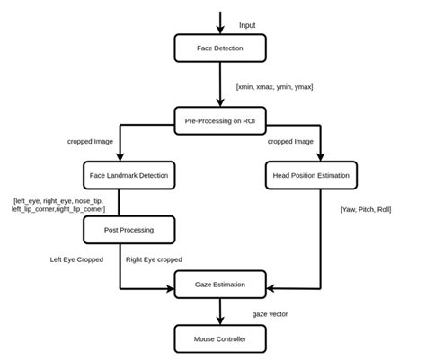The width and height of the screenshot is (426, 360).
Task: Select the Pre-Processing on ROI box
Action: tap(220, 120)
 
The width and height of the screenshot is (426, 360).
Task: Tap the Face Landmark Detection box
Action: tap(121, 174)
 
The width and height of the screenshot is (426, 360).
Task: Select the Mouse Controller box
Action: tap(220, 338)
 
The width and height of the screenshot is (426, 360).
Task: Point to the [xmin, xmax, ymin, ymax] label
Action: tap(274, 87)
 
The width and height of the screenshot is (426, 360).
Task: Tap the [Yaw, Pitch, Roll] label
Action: tap(367, 209)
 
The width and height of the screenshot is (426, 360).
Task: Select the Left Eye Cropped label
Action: tap(76, 259)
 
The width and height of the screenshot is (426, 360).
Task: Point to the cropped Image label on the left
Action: tap(92, 141)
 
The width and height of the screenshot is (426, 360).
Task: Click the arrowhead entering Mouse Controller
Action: tap(220, 320)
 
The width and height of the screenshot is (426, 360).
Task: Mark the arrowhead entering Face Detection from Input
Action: tap(220, 32)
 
